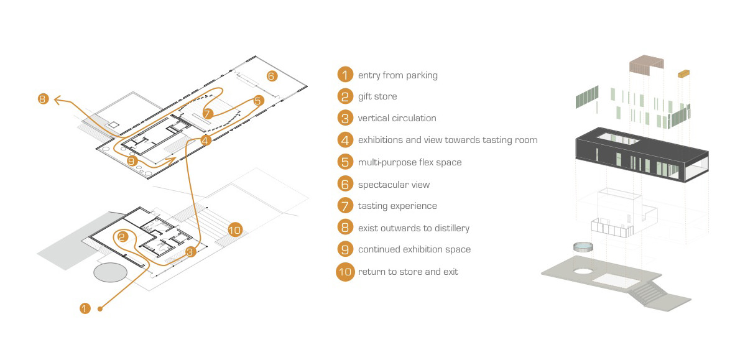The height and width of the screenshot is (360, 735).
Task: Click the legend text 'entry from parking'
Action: (397, 75)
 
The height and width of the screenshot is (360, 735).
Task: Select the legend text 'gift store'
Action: (377, 96)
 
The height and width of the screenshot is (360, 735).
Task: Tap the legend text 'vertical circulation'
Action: (397, 118)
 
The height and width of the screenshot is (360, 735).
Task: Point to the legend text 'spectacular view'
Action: (394, 185)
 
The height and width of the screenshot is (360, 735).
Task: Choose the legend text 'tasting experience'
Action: (397, 206)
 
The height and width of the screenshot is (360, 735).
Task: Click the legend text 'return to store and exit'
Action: (408, 272)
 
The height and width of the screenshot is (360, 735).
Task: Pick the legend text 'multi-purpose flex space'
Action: (410, 162)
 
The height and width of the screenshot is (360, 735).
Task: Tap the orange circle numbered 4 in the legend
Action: (345, 140)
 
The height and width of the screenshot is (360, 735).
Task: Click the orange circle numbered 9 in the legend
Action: (345, 249)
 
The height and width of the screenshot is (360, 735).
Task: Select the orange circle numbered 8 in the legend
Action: (345, 228)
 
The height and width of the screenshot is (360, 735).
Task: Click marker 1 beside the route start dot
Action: (85, 308)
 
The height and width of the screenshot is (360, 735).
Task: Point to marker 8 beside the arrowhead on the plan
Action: (42, 98)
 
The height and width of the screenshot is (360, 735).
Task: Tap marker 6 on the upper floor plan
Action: (271, 76)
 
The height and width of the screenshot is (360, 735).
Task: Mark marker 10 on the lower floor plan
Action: (234, 229)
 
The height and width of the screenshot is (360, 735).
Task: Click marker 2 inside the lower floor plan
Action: (122, 237)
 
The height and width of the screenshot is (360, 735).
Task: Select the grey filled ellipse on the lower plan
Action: (111, 272)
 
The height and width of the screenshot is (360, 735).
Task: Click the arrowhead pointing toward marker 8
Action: (58, 99)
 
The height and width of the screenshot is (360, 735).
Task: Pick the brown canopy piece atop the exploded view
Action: (646, 66)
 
